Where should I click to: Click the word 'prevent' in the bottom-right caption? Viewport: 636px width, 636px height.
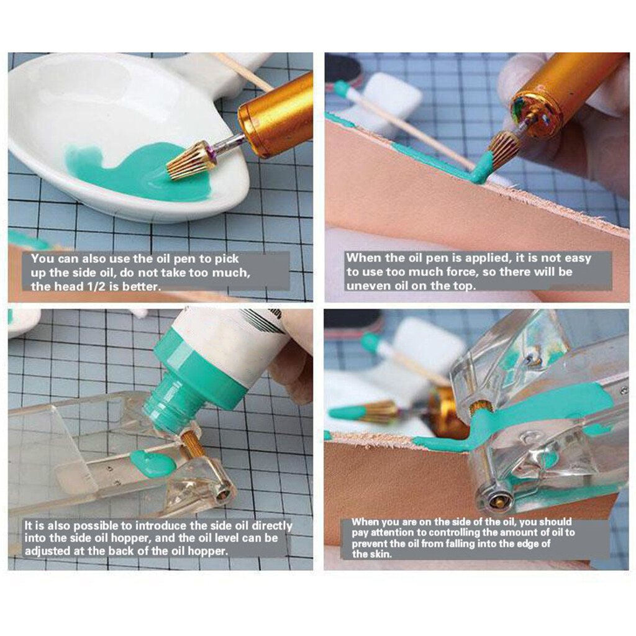(x=368, y=543)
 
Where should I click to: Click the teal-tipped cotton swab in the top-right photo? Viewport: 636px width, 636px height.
(x=402, y=122)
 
